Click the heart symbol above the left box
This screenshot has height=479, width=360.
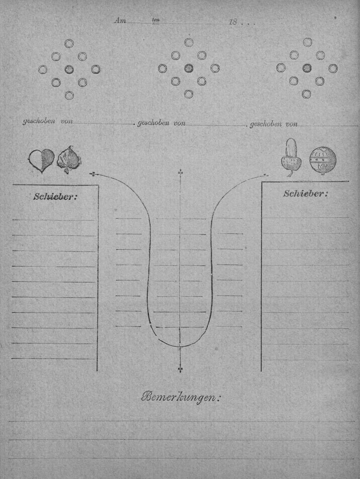point(41,161)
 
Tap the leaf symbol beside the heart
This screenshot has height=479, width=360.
point(69,160)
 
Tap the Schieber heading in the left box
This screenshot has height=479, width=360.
point(55,197)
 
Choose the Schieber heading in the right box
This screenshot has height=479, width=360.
point(305,194)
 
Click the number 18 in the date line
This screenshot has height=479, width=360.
point(233,22)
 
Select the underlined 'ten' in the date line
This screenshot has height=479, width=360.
point(156,20)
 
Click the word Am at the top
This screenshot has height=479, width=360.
point(120,21)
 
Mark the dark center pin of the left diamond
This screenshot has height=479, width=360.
point(69,69)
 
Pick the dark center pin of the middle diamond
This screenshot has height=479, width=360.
point(189,68)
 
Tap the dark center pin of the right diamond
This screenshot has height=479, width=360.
point(307,68)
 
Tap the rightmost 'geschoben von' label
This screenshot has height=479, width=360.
point(274,124)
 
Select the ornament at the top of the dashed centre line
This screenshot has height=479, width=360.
point(181,173)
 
